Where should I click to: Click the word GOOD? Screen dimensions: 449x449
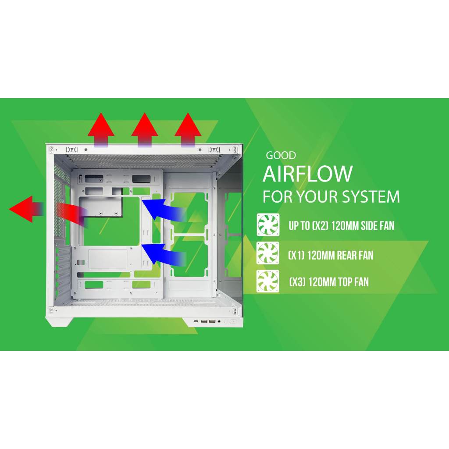pyautogui.click(x=281, y=156)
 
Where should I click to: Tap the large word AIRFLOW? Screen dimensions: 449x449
pyautogui.click(x=307, y=174)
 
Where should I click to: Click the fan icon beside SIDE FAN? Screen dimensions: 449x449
pyautogui.click(x=268, y=225)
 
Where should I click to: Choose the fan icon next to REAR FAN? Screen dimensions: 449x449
pyautogui.click(x=268, y=253)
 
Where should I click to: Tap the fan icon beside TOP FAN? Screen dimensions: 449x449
pyautogui.click(x=268, y=282)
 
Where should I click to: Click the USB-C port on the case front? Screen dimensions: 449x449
pyautogui.click(x=196, y=321)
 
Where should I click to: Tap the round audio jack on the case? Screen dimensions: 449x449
pyautogui.click(x=219, y=321)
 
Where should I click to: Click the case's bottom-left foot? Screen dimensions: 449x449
pyautogui.click(x=57, y=321)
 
